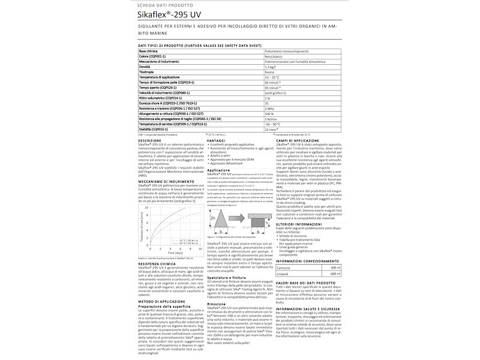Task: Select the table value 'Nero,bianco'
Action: click(275, 59)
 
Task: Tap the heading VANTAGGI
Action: click(216, 140)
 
